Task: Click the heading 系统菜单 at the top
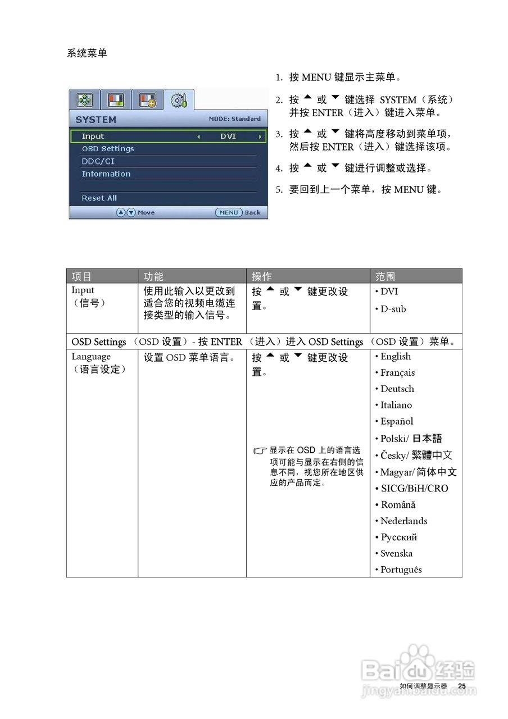(87, 53)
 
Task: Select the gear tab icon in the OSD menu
(179, 101)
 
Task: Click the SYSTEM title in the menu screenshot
(96, 120)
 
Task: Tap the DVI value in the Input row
(228, 136)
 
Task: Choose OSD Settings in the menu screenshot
(108, 149)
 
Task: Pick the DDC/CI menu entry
(98, 161)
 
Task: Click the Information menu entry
(106, 174)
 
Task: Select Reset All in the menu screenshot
(99, 198)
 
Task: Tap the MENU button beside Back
(229, 213)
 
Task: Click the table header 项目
(82, 276)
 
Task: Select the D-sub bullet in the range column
(393, 309)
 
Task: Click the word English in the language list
(396, 357)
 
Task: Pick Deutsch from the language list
(397, 389)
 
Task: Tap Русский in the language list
(398, 537)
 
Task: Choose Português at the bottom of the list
(401, 570)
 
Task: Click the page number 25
(462, 686)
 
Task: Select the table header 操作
(262, 276)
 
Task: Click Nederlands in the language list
(403, 521)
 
